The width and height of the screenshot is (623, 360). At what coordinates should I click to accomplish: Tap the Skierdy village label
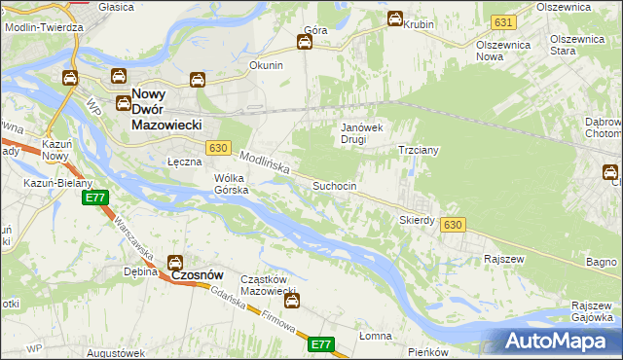pos(417,220)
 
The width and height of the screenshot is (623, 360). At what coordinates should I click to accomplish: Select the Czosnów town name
pos(200,275)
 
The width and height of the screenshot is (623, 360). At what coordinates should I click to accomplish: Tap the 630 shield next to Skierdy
pos(451,225)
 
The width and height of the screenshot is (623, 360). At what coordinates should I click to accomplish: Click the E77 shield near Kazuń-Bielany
pos(94,198)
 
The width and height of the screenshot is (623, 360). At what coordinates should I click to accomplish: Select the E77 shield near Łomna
pos(322,344)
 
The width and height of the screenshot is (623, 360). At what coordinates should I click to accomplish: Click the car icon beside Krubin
pos(395,18)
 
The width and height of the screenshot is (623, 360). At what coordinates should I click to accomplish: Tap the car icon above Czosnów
pos(175,262)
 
